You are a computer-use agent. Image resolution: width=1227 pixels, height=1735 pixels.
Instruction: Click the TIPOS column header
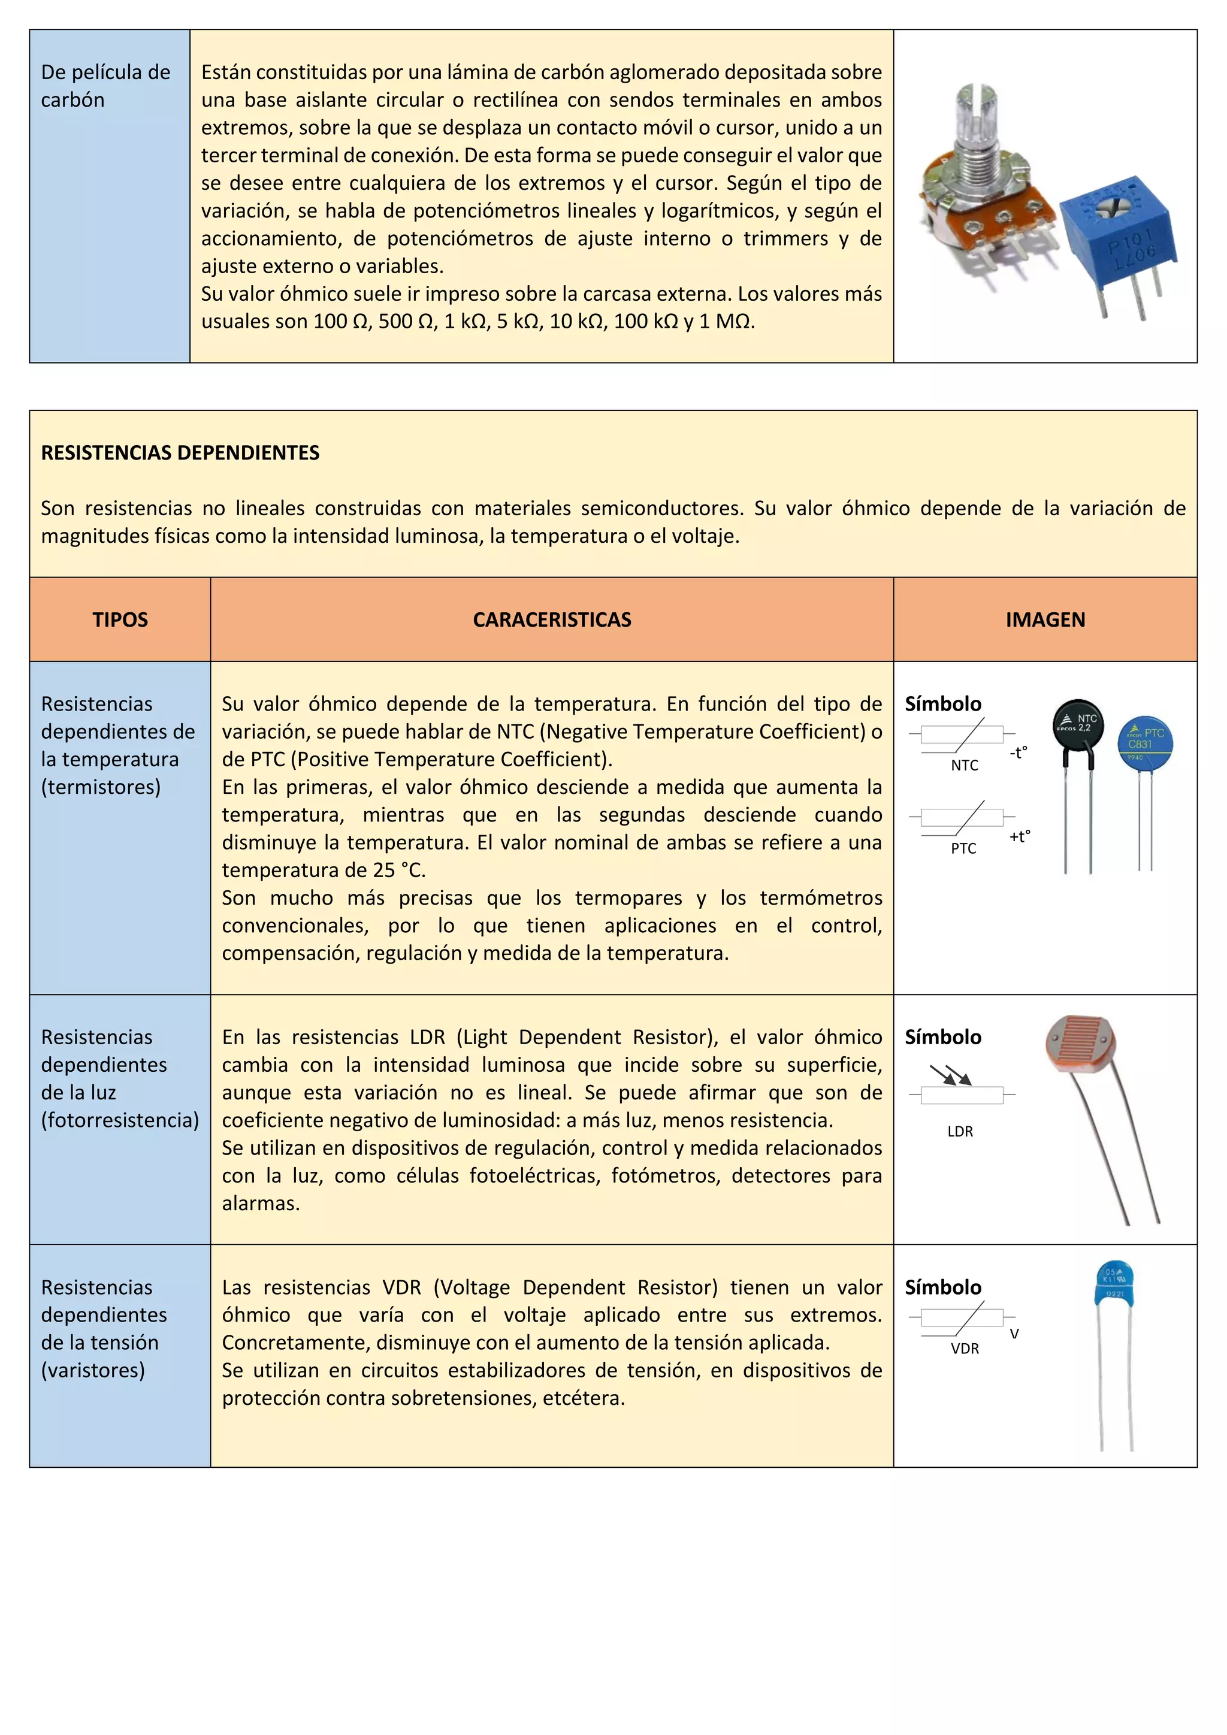point(120,619)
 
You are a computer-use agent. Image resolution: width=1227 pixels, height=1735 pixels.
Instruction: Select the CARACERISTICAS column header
point(552,619)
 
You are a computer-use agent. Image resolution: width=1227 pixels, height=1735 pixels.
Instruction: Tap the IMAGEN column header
point(1045,619)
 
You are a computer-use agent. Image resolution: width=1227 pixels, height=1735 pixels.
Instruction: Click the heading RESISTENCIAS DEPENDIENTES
point(180,453)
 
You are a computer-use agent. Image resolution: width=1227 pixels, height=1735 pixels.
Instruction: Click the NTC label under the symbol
point(964,766)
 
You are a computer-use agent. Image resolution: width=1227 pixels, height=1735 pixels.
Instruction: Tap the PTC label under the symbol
point(963,848)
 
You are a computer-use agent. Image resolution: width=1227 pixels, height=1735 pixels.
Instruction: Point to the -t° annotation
point(1019,752)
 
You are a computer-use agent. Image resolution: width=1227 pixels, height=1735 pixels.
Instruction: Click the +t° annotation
point(1019,836)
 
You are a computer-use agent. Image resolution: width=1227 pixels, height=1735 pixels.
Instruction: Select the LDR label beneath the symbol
point(960,1131)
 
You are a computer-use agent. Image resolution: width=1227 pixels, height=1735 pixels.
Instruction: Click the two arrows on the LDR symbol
point(950,1075)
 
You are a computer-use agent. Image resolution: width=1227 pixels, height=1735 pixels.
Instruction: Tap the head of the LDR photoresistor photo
point(1080,1046)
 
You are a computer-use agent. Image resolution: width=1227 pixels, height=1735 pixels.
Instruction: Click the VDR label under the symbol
point(965,1348)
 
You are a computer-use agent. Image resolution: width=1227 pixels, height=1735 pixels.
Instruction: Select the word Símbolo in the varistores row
point(943,1287)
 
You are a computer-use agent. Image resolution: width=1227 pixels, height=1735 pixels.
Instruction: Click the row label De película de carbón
point(105,86)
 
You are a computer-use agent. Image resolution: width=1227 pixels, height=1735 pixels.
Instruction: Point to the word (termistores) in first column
point(101,787)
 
